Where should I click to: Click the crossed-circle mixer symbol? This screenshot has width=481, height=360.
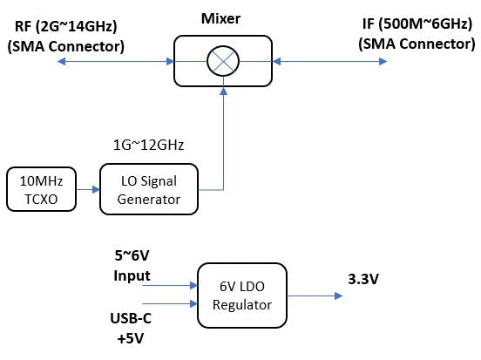coord(224,61)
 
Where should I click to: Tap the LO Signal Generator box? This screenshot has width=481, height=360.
coord(151,191)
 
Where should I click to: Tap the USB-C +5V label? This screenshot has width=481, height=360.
coord(129,325)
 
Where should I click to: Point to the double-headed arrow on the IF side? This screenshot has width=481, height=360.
coord(357,61)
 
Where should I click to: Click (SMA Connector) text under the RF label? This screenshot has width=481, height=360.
coord(65,46)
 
